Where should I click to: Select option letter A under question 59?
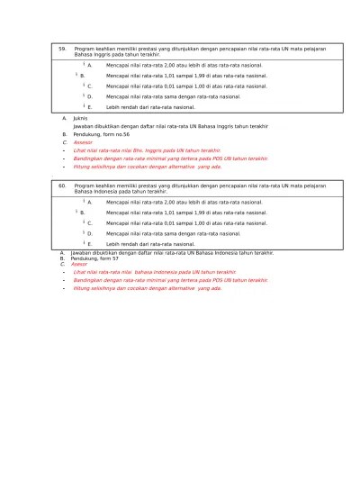pyautogui.click(x=89, y=65)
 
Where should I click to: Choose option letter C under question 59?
pyautogui.click(x=89, y=86)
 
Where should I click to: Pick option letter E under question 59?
pyautogui.click(x=89, y=106)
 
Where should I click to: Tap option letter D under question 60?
pyautogui.click(x=89, y=233)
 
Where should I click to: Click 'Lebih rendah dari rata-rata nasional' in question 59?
pyautogui.click(x=150, y=106)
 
